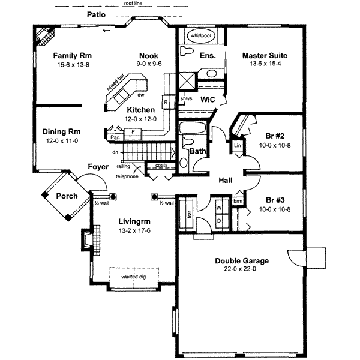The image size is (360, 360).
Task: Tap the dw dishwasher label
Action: pyautogui.click(x=140, y=95)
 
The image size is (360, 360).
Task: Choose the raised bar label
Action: pyautogui.click(x=115, y=82)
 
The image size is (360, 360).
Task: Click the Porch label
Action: pyautogui.click(x=67, y=196)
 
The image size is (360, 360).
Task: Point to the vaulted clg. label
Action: pyautogui.click(x=134, y=277)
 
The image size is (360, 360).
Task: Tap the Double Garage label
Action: pyautogui.click(x=242, y=260)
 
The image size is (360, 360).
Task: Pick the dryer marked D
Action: pyautogui.click(x=218, y=220)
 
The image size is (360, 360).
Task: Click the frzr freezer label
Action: pyautogui.click(x=188, y=213)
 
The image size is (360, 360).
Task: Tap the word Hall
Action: pyautogui.click(x=226, y=179)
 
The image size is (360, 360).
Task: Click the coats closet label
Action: pyautogui.click(x=160, y=165)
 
